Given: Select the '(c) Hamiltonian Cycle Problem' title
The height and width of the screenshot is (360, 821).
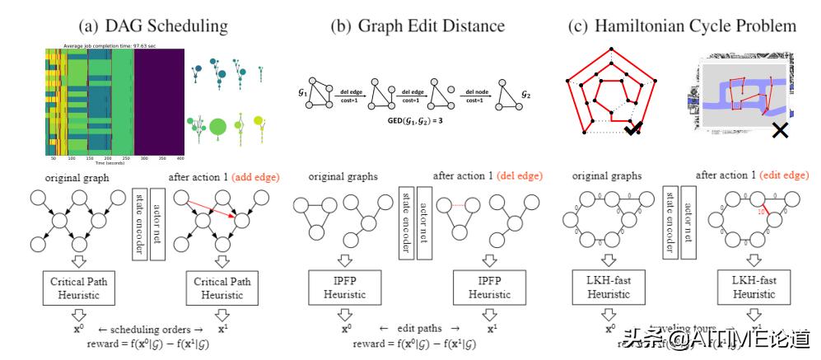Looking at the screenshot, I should [683, 26].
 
